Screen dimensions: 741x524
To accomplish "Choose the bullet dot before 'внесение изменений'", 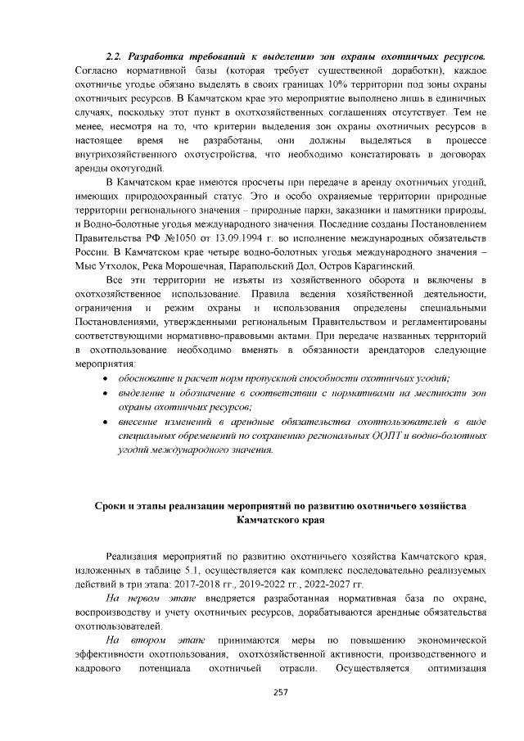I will (103, 422).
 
